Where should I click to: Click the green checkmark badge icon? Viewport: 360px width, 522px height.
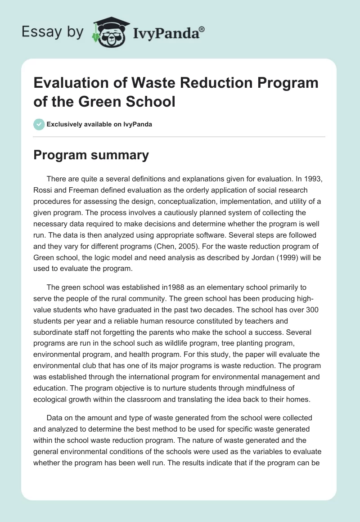point(39,124)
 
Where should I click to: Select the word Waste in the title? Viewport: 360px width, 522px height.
point(146,83)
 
